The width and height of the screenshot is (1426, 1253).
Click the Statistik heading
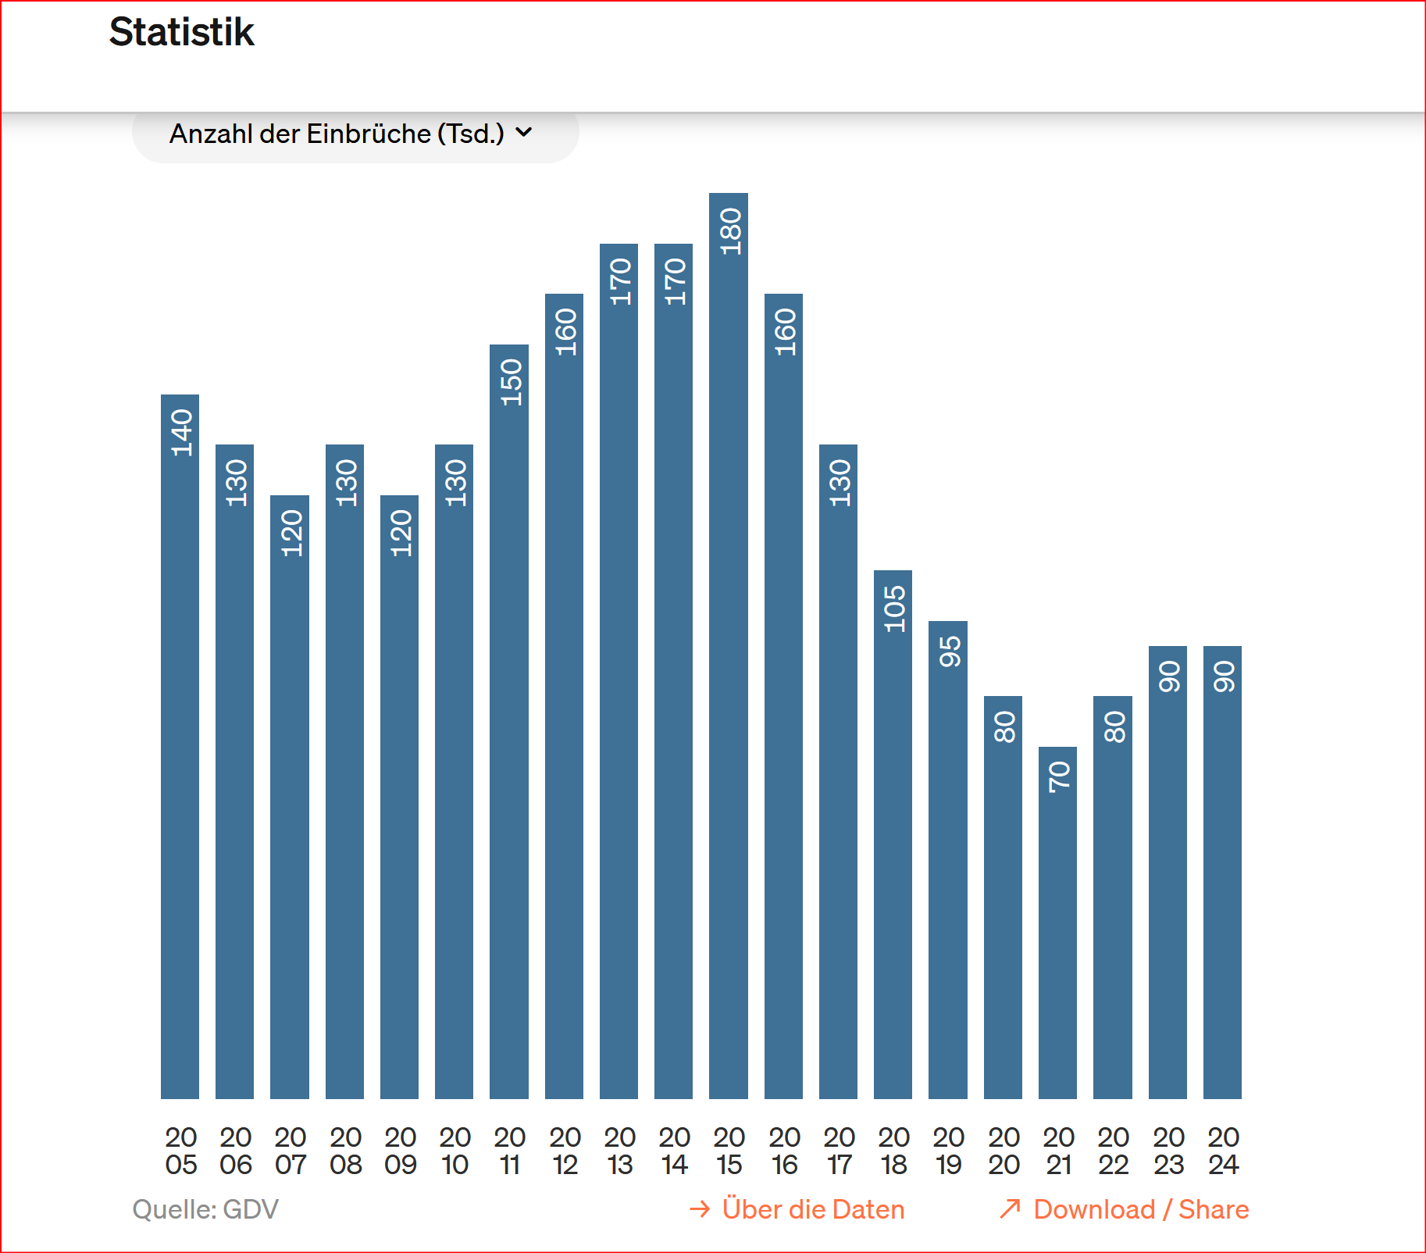tap(181, 33)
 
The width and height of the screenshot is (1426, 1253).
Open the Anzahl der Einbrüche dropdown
tap(355, 134)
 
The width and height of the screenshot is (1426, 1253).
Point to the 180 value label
tap(729, 231)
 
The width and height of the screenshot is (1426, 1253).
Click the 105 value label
tap(893, 609)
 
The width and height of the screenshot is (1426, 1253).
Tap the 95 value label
tap(949, 651)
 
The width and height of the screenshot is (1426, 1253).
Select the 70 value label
tap(1058, 776)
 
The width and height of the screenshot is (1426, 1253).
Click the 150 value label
tap(510, 382)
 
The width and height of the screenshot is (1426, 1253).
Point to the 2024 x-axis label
tap(1223, 1151)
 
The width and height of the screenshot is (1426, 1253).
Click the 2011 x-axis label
tap(509, 1151)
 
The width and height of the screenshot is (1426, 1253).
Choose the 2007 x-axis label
tap(290, 1151)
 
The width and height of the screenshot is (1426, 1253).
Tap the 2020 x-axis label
tap(1004, 1151)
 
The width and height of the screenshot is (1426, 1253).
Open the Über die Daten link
tap(797, 1209)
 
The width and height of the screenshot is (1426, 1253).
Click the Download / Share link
tap(1125, 1209)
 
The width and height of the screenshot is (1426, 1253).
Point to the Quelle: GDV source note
tap(205, 1209)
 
